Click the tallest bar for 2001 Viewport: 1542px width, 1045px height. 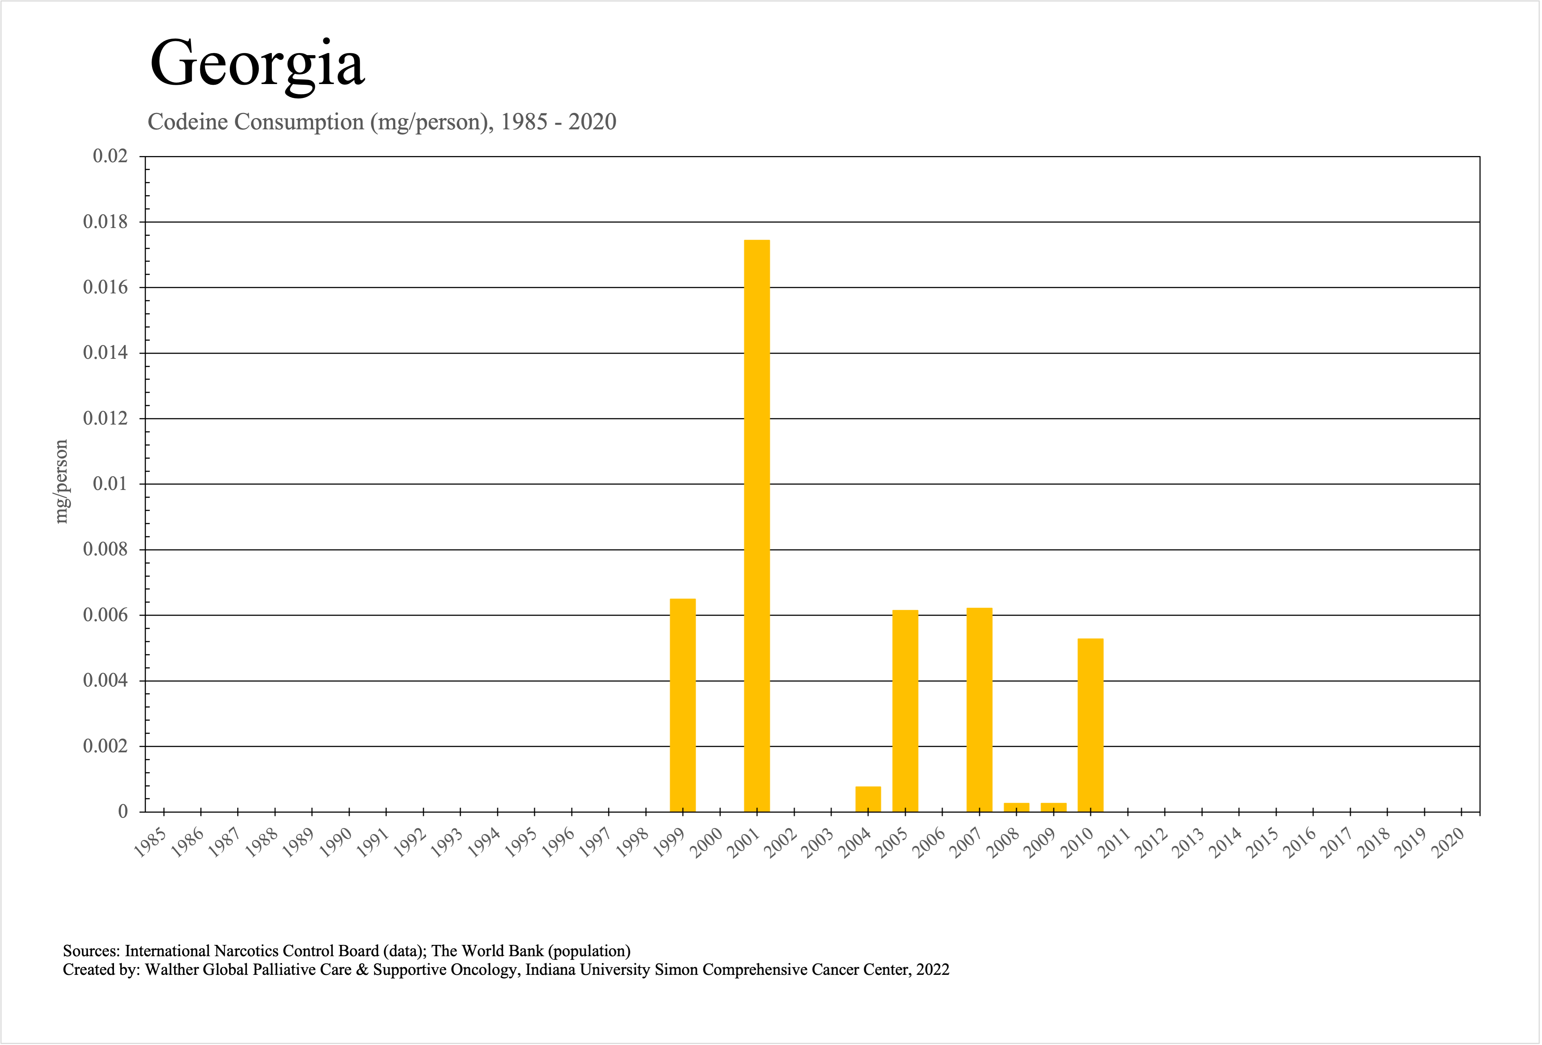[x=757, y=525]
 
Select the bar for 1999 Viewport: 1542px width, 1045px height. [x=683, y=704]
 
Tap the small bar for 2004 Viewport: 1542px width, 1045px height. [x=868, y=799]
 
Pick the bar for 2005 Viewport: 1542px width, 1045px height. [x=905, y=711]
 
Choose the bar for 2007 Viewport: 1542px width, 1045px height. [x=979, y=709]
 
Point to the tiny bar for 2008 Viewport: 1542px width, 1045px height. [x=1017, y=807]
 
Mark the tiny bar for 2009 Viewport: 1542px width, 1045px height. [x=1054, y=807]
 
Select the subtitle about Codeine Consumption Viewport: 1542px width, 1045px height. [x=381, y=122]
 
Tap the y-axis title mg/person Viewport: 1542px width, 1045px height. [x=61, y=482]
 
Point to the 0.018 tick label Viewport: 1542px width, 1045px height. [x=105, y=222]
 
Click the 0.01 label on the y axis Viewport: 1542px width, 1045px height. [x=110, y=484]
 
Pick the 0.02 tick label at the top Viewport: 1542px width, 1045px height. [x=110, y=157]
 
